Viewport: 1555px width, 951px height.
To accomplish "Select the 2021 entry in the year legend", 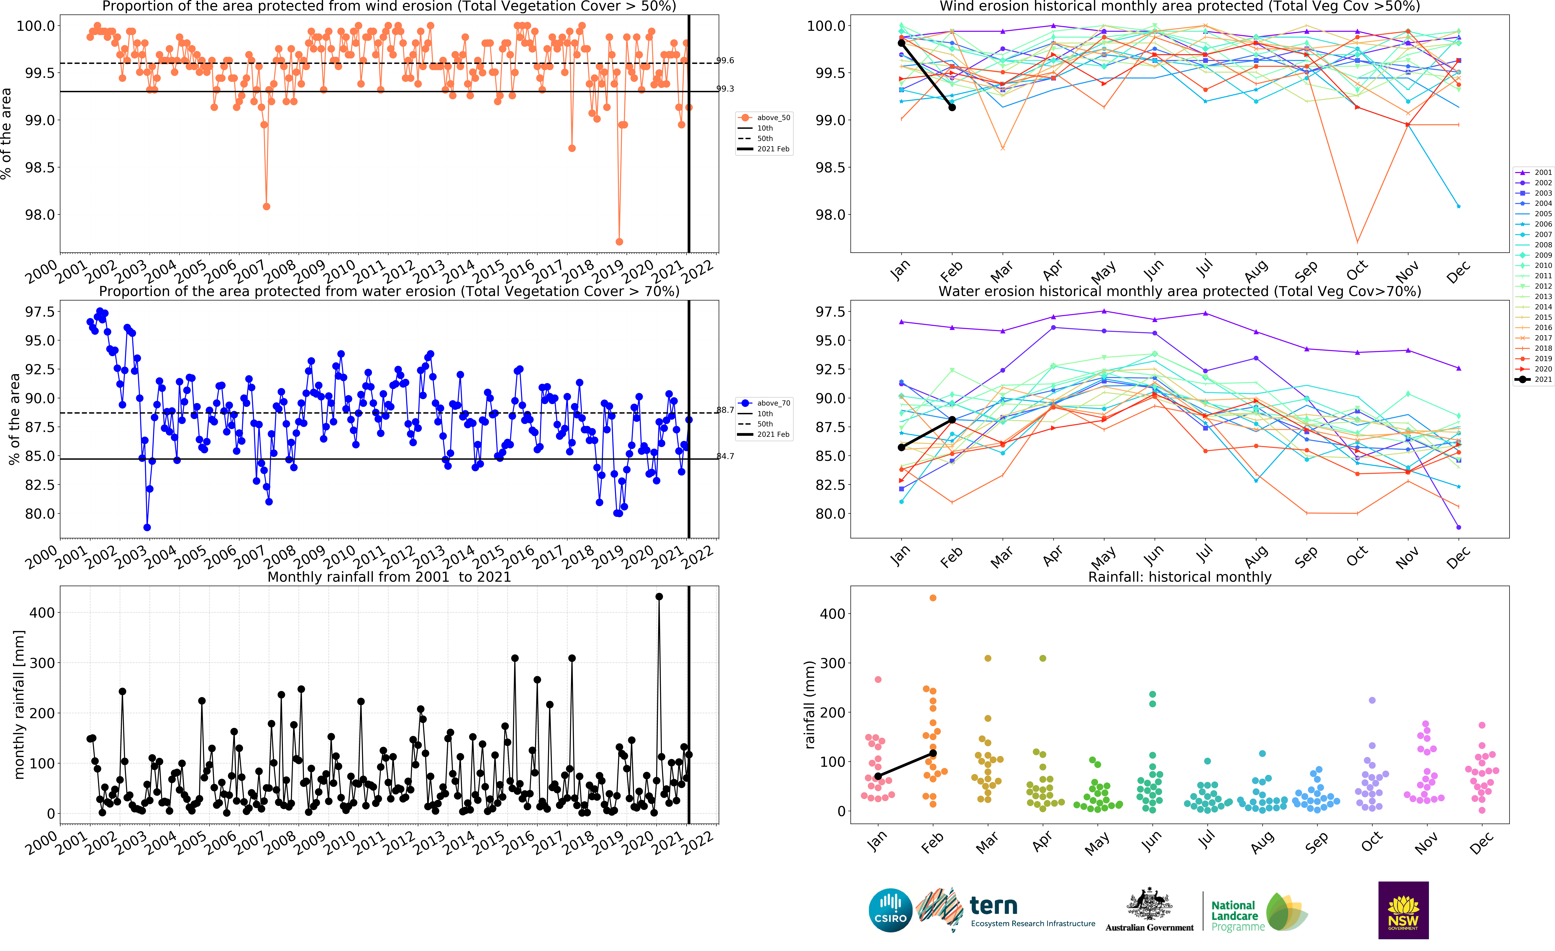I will click(1534, 380).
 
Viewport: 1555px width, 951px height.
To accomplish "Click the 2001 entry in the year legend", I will click(1534, 172).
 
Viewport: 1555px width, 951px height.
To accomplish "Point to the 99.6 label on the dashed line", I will click(725, 61).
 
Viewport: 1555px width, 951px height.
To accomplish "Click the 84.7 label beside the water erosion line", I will click(725, 456).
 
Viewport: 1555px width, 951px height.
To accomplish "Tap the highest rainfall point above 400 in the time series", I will click(659, 596).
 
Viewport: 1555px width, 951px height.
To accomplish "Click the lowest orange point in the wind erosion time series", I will click(619, 242).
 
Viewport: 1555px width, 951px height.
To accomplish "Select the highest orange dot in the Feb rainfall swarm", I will click(933, 598).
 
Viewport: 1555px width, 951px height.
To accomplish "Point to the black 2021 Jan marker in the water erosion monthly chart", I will click(901, 447).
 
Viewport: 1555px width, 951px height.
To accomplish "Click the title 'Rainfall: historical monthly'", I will click(1179, 577).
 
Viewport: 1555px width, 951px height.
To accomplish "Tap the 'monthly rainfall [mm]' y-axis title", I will click(19, 704).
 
